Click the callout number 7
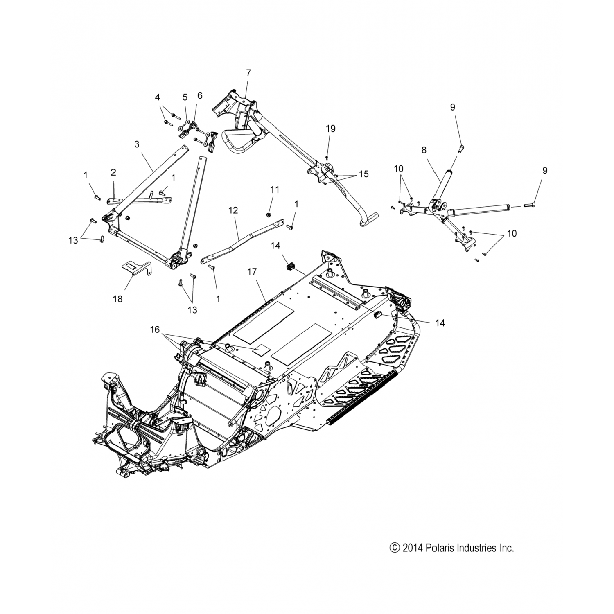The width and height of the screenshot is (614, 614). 248,73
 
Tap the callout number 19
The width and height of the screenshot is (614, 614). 331,129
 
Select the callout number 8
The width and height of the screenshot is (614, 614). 424,150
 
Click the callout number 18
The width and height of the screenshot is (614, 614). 117,299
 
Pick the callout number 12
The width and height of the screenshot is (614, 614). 233,210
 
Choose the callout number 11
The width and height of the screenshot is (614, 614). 275,190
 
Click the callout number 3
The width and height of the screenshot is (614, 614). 137,144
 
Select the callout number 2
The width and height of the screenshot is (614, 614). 113,173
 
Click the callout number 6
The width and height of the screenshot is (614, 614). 200,96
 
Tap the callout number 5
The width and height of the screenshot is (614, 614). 185,97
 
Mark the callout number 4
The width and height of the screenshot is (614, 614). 158,97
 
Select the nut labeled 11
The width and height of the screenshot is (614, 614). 267,213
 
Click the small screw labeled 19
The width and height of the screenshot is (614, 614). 326,157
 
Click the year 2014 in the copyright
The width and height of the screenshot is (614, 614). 411,548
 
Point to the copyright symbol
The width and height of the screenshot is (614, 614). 395,548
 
